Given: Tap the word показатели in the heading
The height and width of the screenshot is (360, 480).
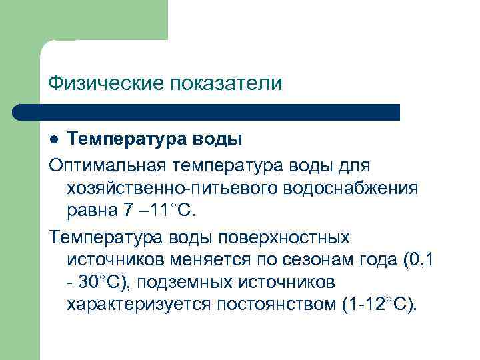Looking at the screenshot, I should pyautogui.click(x=227, y=83).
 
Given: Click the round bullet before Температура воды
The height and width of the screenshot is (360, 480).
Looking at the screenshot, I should pyautogui.click(x=56, y=141).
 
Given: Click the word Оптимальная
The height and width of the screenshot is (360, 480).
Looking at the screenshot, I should pyautogui.click(x=107, y=164).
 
